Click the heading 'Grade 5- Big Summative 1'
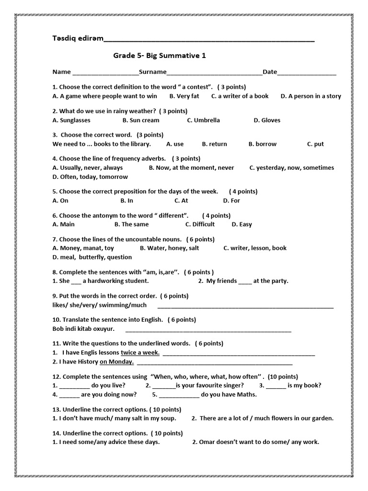tap(160, 56)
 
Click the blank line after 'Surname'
tap(214, 72)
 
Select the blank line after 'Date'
tap(307, 72)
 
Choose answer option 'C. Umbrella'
tap(203, 120)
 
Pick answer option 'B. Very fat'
tap(184, 96)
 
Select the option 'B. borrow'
tap(262, 144)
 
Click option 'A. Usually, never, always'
tap(87, 168)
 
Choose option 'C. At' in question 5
tap(181, 200)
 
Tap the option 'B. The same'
tap(131, 224)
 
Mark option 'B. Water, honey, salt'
tap(169, 248)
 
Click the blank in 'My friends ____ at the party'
tap(244, 281)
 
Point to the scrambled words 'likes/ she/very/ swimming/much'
tap(99, 305)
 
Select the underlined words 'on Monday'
tap(116, 362)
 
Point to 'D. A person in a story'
tap(310, 96)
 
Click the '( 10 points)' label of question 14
tap(166, 433)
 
